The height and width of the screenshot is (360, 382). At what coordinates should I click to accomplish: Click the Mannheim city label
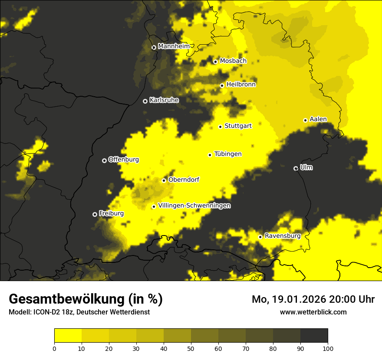click(x=174, y=46)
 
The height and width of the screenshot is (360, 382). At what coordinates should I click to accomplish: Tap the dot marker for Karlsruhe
click(x=145, y=101)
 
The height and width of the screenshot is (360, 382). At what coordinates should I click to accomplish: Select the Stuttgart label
click(x=238, y=126)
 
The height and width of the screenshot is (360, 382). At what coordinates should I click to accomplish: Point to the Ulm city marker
click(x=296, y=168)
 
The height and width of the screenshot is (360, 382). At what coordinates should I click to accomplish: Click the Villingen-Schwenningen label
click(x=194, y=206)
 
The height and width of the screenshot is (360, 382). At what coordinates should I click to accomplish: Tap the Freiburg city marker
click(x=95, y=214)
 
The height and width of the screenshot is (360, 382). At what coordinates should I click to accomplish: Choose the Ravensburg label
click(x=283, y=236)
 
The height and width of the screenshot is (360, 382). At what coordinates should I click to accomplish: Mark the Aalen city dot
click(x=305, y=120)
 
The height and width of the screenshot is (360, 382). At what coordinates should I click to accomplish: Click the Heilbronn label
click(x=241, y=85)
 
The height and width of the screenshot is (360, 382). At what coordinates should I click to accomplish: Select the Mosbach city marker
click(x=215, y=62)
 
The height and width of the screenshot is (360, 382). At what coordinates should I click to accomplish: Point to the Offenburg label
click(x=124, y=160)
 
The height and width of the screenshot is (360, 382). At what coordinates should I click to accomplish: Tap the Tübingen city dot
click(x=210, y=155)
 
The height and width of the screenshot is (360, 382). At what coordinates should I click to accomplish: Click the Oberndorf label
click(x=184, y=180)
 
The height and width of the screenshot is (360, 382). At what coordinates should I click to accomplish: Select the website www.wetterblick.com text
click(x=313, y=312)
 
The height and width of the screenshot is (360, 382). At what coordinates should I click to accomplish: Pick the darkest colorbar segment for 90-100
click(x=314, y=336)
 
